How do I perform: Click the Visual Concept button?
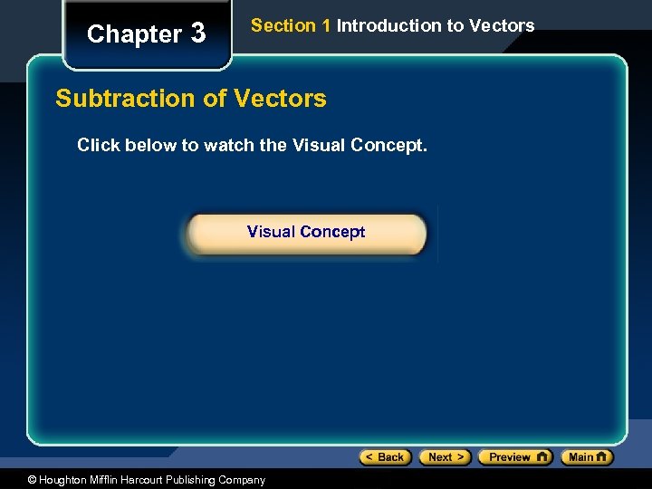[306, 233]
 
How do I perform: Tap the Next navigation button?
[445, 457]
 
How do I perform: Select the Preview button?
[514, 457]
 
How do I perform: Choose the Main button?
[587, 457]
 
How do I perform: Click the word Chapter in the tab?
[134, 34]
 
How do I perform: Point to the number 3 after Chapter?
[197, 34]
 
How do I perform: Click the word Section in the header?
[283, 25]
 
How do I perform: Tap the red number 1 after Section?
[326, 25]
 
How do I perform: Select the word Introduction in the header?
[388, 25]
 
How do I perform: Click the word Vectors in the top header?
[502, 25]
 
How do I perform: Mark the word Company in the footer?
[241, 480]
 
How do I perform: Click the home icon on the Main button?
[602, 457]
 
